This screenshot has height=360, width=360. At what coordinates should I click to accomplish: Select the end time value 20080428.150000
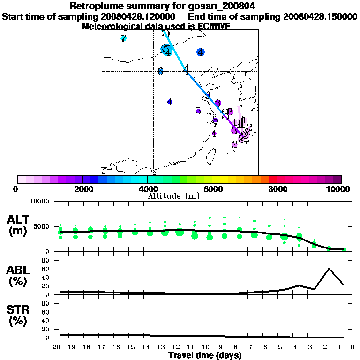click(320, 16)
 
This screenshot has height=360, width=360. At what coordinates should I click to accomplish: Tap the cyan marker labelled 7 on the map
click(123, 38)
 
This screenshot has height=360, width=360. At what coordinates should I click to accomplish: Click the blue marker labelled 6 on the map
click(160, 71)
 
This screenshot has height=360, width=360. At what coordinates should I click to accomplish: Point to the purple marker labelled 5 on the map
click(198, 111)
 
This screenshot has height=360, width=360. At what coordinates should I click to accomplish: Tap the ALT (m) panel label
click(18, 225)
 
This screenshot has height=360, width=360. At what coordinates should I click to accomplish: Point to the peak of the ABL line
click(329, 269)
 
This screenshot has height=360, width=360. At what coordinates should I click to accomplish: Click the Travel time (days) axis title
click(205, 356)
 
